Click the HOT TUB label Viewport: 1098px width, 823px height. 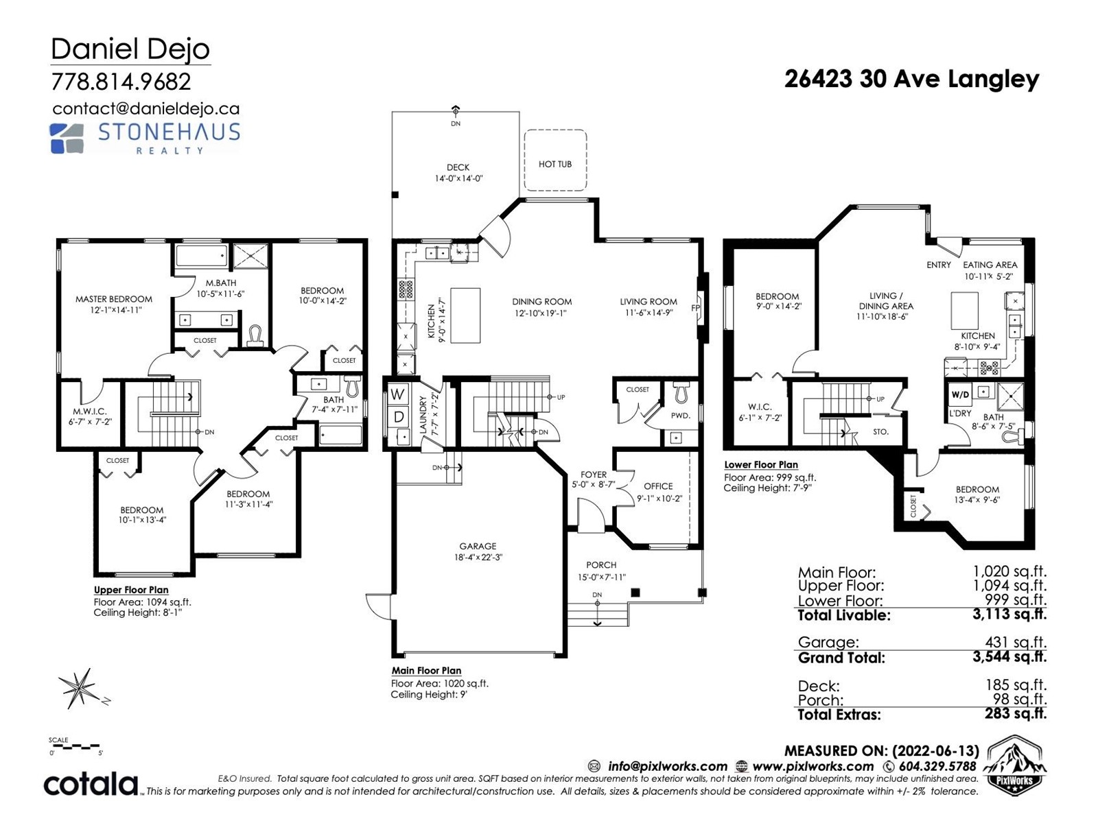tap(554, 164)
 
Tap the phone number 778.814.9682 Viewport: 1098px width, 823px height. tap(121, 82)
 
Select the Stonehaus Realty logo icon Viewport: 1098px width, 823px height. tap(67, 138)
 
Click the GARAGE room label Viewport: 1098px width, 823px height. tap(478, 546)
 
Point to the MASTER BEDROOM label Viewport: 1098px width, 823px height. tap(113, 299)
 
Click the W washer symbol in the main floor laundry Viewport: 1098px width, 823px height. tap(397, 394)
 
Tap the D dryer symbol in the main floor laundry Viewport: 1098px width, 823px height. tap(399, 416)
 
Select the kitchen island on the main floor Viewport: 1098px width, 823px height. tap(465, 315)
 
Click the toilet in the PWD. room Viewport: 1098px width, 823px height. tap(680, 392)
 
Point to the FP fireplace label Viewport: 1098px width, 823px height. tap(695, 308)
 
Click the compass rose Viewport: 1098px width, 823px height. tap(82, 689)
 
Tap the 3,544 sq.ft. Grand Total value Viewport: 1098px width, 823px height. tap(1009, 656)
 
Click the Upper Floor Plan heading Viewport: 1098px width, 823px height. tap(131, 590)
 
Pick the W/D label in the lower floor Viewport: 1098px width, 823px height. tap(960, 395)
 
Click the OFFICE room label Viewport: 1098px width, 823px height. tap(658, 486)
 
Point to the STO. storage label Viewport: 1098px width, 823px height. tap(880, 432)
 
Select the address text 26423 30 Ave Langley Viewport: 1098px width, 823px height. tap(911, 80)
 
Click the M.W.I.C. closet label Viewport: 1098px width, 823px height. tap(89, 411)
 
